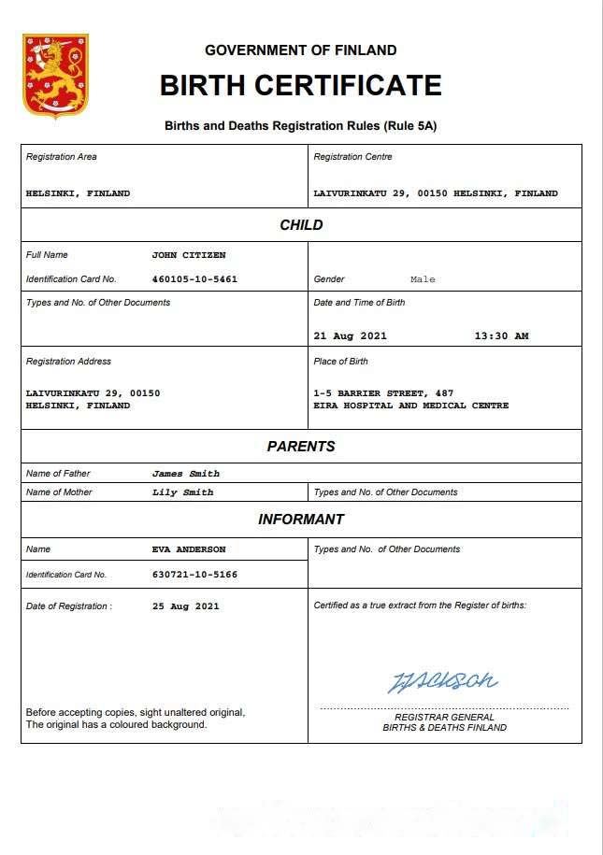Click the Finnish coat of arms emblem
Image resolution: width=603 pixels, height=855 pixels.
coord(55,77)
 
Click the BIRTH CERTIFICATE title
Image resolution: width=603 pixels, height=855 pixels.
coord(301,86)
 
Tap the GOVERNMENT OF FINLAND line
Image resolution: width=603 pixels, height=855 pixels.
coord(301,50)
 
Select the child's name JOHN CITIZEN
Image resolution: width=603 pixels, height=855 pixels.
coord(189,255)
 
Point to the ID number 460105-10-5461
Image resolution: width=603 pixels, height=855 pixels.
coord(194,279)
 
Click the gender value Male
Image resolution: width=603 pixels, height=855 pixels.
coord(423,279)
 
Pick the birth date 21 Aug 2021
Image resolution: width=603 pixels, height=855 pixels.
coord(351,336)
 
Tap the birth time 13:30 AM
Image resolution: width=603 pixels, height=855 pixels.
coord(501,336)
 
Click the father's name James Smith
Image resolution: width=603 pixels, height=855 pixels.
coord(186,474)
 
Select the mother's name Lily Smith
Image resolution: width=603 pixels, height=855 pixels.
coord(182,492)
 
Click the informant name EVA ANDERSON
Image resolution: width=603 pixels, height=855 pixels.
coord(189,549)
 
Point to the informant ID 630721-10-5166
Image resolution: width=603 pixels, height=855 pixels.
coord(194,575)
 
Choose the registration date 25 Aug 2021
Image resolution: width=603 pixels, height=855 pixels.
coord(186,606)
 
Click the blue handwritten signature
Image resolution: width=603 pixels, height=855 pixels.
coord(443,680)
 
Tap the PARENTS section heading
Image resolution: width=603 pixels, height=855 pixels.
coord(301,447)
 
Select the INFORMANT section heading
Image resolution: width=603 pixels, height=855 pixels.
coord(301,520)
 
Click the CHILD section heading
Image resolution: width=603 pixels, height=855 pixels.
coord(301,225)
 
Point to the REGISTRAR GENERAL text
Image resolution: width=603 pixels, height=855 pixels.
coord(444,717)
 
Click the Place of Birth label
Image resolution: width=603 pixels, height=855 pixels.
coord(341,362)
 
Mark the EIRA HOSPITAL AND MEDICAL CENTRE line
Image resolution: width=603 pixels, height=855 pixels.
coord(411,406)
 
